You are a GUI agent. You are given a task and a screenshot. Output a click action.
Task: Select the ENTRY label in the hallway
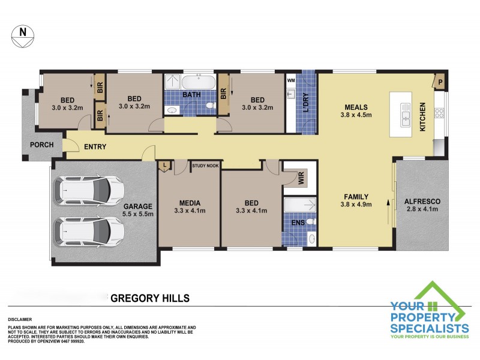[96, 146]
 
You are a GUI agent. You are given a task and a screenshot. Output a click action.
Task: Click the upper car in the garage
[90, 190]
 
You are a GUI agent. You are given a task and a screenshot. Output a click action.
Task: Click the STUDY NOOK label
[205, 163]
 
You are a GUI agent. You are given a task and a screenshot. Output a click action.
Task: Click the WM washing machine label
[291, 80]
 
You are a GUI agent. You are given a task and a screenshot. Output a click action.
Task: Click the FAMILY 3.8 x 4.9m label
[356, 200]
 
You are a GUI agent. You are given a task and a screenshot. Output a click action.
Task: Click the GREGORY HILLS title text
[152, 298]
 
